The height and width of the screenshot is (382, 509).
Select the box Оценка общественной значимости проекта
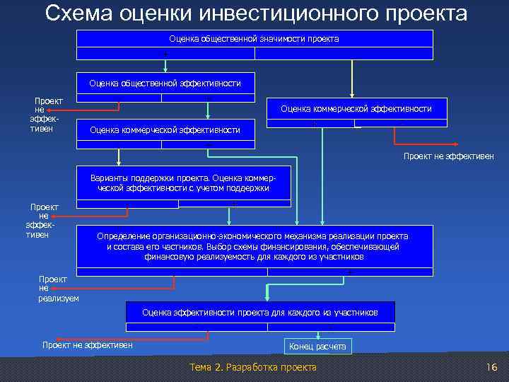pos(254,39)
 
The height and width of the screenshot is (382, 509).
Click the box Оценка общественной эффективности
pos(165,83)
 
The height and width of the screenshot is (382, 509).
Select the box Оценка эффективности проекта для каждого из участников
pos(260,312)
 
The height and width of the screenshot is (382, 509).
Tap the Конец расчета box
pos(317,347)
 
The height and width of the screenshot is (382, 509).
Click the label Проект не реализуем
pos(58,289)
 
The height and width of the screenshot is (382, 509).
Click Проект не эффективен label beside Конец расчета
pos(88,345)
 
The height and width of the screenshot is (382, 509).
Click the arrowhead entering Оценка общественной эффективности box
pos(165,70)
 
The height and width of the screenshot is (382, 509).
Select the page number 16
pos(492,367)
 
